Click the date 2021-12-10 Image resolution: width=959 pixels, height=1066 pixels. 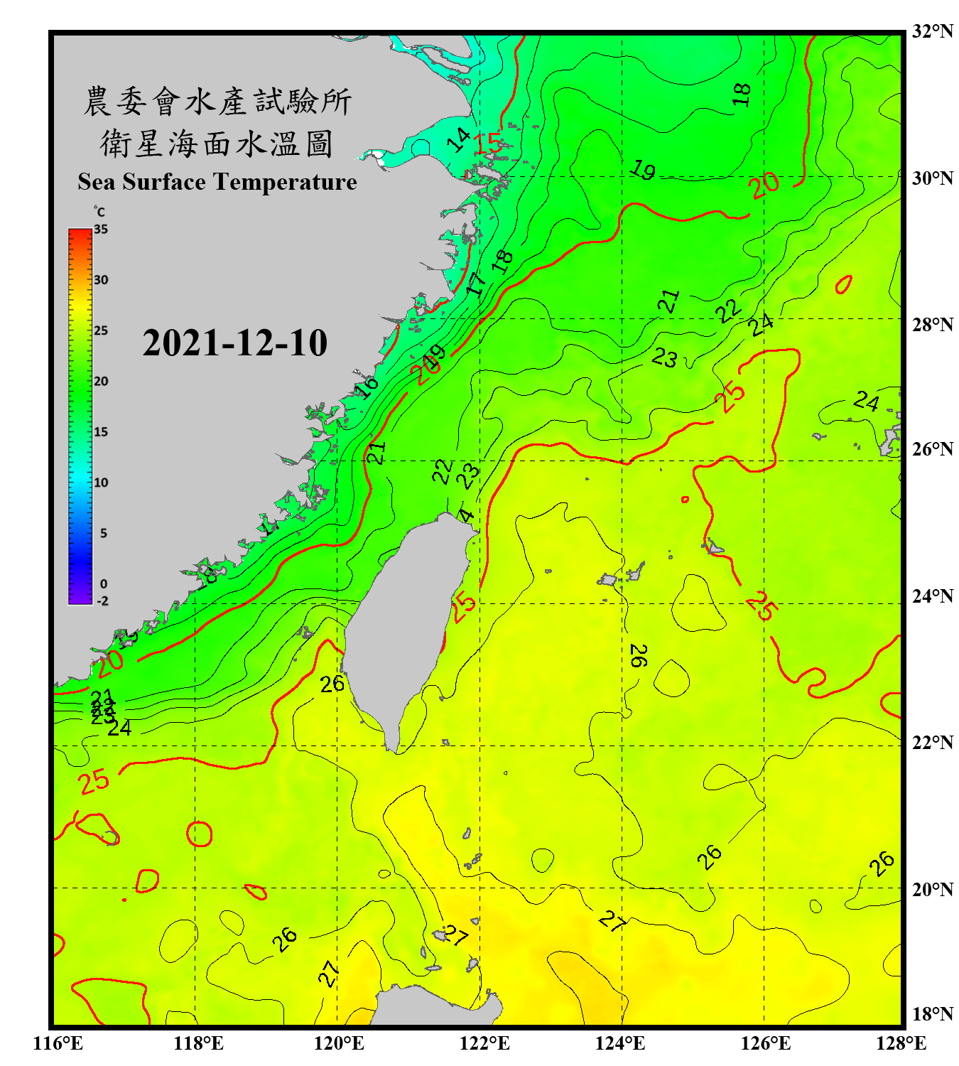[x=234, y=343]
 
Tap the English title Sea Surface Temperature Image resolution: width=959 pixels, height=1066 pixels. [x=217, y=182]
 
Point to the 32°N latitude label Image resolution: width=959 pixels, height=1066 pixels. [x=932, y=31]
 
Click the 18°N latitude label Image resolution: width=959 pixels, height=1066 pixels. [x=932, y=1014]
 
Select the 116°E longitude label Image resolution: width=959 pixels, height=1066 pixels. [x=58, y=1043]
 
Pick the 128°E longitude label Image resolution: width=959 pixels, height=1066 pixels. [x=901, y=1043]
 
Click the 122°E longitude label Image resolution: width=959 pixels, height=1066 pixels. [x=484, y=1043]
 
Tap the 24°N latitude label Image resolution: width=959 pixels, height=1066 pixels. [x=932, y=596]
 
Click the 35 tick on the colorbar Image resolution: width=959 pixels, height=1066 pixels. [x=101, y=230]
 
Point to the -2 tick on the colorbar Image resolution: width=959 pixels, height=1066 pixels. [x=102, y=601]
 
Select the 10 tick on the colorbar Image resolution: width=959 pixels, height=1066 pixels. [x=101, y=483]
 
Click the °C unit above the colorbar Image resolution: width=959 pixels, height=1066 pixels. [x=99, y=212]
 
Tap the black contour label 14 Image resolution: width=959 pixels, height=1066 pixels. [x=459, y=139]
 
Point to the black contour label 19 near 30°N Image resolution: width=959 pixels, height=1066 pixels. [x=643, y=170]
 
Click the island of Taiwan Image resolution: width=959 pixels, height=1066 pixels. [x=408, y=625]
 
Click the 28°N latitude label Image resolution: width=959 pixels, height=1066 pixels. [x=932, y=325]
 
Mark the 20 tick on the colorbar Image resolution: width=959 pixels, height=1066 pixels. [x=101, y=382]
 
